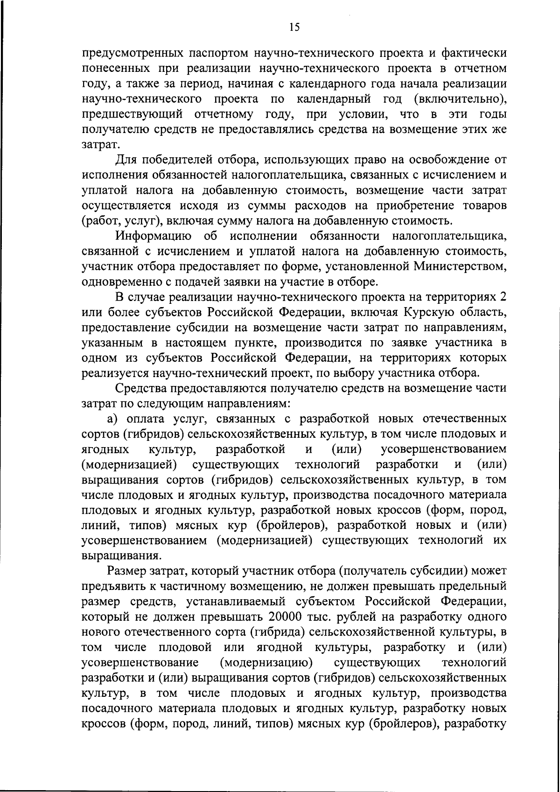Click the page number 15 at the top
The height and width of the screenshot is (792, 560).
[x=294, y=27]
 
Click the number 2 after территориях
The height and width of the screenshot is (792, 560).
[x=503, y=297]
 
